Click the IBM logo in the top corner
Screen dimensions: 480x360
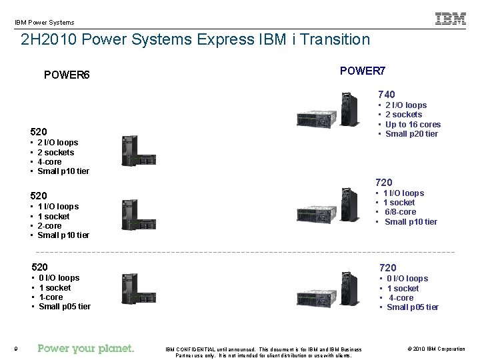click(x=451, y=19)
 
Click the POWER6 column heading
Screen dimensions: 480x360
click(x=67, y=75)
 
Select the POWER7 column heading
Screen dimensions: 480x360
click(x=363, y=71)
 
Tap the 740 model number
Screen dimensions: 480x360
click(x=387, y=95)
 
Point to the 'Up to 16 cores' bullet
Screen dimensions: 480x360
click(x=413, y=125)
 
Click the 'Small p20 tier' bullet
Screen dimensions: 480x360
click(x=411, y=134)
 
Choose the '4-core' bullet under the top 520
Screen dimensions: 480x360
click(x=51, y=162)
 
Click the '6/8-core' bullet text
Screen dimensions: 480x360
click(x=400, y=212)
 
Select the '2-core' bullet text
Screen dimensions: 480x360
click(x=51, y=226)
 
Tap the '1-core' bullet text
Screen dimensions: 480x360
click(x=51, y=297)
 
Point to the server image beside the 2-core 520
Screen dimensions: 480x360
click(x=130, y=215)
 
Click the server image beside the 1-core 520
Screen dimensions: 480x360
click(x=130, y=288)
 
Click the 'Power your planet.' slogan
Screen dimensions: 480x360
click(x=86, y=349)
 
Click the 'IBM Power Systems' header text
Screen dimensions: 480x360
click(x=45, y=22)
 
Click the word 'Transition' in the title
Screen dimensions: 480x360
click(x=335, y=39)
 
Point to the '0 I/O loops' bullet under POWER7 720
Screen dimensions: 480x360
click(x=407, y=279)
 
